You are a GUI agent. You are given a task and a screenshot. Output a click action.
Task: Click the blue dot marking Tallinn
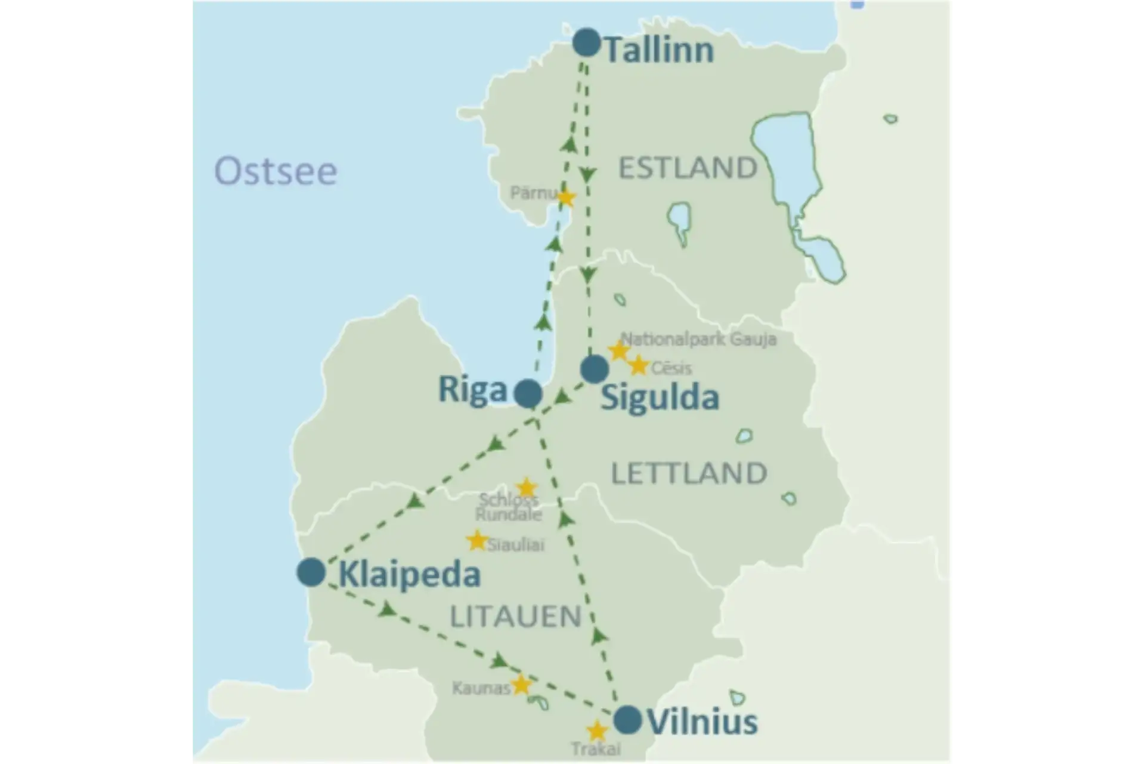point(586,42)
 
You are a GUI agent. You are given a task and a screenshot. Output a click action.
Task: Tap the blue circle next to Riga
point(528,393)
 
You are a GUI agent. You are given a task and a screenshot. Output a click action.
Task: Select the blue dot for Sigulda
point(594,369)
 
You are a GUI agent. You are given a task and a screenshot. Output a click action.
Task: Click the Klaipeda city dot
point(311,572)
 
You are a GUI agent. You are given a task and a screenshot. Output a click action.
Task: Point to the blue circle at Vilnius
point(627,719)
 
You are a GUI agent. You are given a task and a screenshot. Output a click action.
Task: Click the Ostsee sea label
point(276,171)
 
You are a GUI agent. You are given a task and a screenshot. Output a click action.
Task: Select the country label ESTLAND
point(688,168)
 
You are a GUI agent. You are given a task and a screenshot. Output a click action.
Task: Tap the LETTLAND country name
point(689,473)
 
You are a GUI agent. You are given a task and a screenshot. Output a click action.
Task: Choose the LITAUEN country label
point(515,617)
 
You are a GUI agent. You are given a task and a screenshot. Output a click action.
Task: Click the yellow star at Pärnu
point(565,197)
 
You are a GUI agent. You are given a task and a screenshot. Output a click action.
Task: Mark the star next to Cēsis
point(639,365)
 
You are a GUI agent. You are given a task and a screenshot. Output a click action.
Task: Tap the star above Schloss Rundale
point(526,486)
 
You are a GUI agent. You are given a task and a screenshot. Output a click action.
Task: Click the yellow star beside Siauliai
point(477,540)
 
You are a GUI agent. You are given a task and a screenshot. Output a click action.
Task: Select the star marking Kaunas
point(521,685)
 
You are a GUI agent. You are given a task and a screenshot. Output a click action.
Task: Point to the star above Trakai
point(596,731)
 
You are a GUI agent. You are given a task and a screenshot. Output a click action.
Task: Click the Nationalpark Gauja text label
point(698,340)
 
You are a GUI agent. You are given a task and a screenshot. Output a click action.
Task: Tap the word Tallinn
point(659,50)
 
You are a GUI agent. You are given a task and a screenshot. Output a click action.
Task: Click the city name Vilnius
point(702,722)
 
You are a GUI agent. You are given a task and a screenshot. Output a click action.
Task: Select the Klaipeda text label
point(409,575)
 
